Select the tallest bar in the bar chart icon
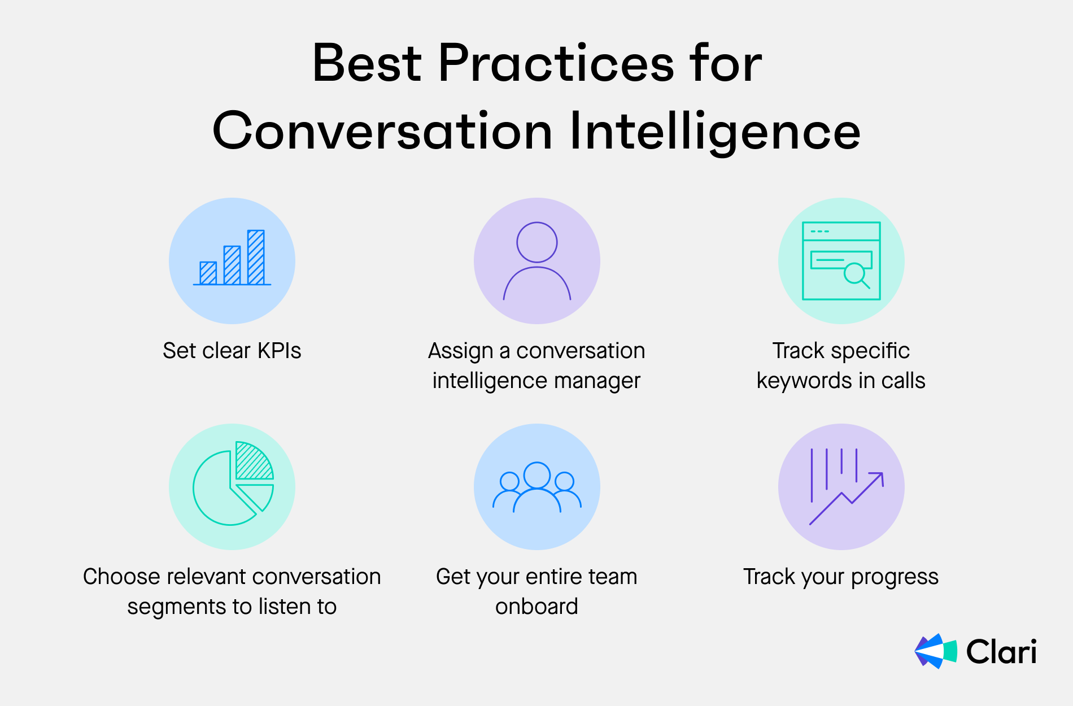[x=256, y=257]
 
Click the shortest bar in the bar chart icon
[x=208, y=273]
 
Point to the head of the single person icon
[x=537, y=242]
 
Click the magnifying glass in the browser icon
[x=856, y=275]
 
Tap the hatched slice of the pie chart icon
[x=254, y=460]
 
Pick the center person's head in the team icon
[x=537, y=475]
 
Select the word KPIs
[x=280, y=351]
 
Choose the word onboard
[x=536, y=607]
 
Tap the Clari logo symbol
[x=936, y=651]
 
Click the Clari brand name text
[x=1001, y=651]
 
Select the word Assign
[x=461, y=351]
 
